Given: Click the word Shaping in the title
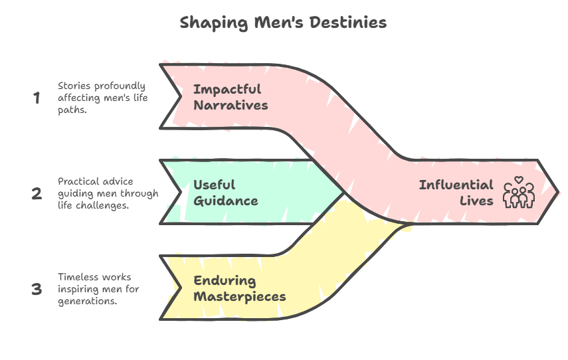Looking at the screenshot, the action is pos(214,23).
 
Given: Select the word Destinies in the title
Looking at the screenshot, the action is pos(348,23).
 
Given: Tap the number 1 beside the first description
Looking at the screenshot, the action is pos(37,98).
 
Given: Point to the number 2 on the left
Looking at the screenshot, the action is pos(37,193).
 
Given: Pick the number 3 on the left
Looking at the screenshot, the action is pos(37,289).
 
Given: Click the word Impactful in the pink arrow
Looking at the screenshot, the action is pos(227,90).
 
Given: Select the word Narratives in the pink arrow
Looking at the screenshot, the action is pos(231,106).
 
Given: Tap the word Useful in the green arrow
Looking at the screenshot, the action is pos(215,185).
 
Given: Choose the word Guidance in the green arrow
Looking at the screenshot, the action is pos(226,201).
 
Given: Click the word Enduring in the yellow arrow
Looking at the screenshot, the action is pos(225,282).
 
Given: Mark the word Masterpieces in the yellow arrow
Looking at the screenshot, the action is pos(240,297).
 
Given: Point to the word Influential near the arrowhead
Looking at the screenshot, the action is pos(456,185).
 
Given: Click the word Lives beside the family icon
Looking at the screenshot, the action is pos(476,201).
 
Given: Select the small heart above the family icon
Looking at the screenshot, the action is pos(519,179).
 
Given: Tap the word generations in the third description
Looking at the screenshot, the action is pos(87,302).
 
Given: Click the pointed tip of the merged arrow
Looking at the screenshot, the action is pos(558,191).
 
